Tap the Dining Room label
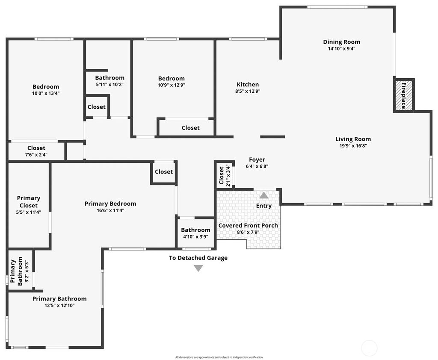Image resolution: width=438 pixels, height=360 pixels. (341, 42)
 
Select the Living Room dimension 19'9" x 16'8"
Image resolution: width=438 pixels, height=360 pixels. (353, 146)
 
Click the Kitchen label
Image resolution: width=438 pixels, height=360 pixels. (248, 84)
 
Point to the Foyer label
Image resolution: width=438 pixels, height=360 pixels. (257, 160)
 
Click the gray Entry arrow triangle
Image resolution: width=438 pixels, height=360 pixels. (264, 195)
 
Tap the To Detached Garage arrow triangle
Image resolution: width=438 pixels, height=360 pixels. (198, 268)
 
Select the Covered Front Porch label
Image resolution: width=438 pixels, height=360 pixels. (248, 225)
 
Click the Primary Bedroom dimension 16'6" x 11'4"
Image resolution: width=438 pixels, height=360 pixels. (110, 210)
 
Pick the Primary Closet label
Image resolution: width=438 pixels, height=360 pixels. (29, 202)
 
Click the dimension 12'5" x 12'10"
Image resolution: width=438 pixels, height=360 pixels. (59, 305)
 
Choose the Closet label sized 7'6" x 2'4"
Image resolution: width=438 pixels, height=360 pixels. (36, 148)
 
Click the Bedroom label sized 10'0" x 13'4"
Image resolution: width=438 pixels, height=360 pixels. (46, 87)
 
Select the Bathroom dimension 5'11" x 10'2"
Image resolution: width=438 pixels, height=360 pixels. (110, 84)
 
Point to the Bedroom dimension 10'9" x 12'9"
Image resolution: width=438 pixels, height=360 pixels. (172, 85)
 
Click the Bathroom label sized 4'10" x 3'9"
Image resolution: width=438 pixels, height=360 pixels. (195, 230)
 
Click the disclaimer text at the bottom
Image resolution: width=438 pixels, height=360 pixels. (219, 357)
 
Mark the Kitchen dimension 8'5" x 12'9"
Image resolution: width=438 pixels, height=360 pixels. (248, 91)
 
